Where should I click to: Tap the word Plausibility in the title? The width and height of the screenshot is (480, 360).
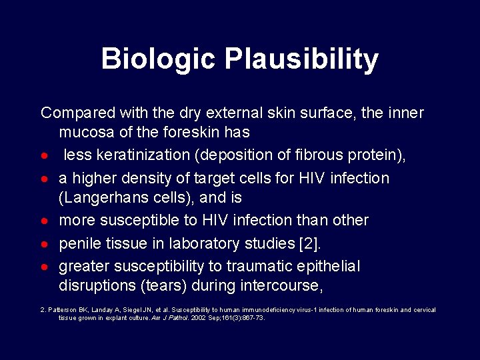pos(301,60)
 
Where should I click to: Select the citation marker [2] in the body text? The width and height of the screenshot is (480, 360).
pos(309,243)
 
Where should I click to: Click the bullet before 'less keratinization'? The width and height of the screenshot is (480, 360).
pos(44,156)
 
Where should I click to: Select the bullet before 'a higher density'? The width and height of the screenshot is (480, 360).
pos(44,179)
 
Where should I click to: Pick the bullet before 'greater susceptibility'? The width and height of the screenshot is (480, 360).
pos(44,267)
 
